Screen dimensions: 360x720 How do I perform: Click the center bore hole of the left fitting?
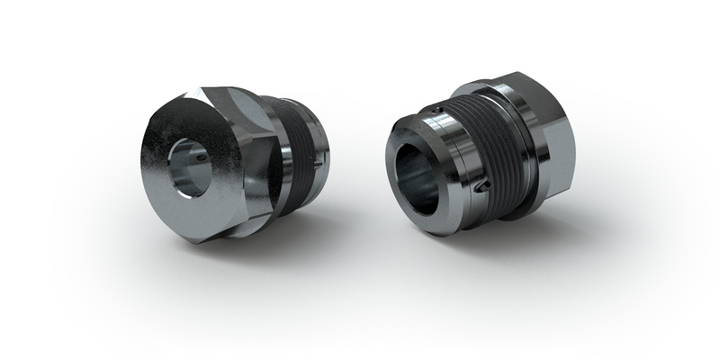tap(192, 164)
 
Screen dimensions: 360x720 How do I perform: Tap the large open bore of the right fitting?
tap(416, 171)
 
